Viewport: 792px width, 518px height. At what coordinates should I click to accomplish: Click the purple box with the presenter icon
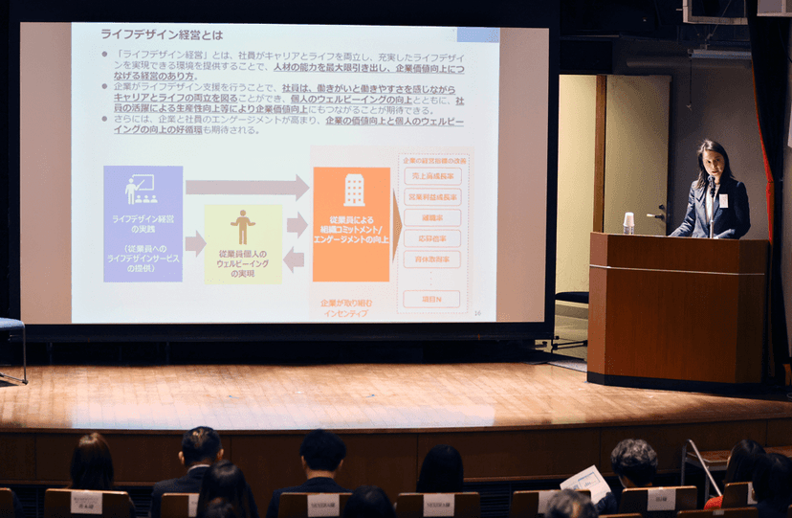(143, 223)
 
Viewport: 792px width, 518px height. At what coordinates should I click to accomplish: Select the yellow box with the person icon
(243, 243)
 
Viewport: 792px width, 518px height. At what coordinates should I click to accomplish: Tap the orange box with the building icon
(351, 224)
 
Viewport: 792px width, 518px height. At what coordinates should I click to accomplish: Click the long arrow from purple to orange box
(246, 187)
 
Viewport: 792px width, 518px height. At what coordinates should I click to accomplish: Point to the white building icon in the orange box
(354, 190)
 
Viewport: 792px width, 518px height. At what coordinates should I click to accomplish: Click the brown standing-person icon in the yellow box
(243, 227)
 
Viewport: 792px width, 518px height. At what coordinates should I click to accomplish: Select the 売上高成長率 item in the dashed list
(432, 176)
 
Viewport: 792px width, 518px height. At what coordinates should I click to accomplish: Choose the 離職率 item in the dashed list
(432, 218)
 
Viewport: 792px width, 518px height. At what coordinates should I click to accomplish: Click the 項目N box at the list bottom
(432, 299)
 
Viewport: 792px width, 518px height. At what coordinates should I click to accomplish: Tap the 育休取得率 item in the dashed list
(432, 259)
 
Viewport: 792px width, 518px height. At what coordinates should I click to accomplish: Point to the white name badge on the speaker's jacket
(723, 200)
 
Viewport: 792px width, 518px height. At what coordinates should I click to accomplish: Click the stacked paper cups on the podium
(628, 222)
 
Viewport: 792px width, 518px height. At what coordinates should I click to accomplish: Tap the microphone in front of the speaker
(710, 184)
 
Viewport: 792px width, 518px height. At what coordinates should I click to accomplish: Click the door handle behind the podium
(660, 214)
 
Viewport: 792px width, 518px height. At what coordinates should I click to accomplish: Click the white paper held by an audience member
(585, 481)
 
